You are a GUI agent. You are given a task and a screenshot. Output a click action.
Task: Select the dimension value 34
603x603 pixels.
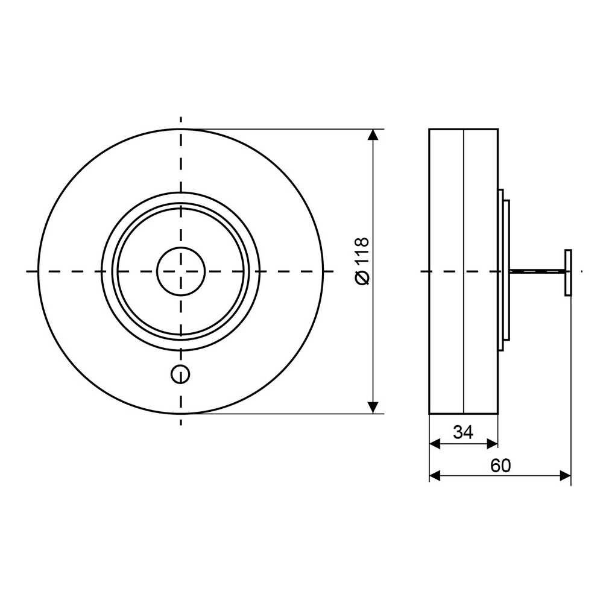click(x=463, y=432)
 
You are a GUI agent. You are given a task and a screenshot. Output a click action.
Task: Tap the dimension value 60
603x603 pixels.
click(x=500, y=466)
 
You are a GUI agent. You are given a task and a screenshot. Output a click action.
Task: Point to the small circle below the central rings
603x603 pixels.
click(x=180, y=374)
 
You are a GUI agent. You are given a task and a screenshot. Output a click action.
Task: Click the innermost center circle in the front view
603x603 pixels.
click(x=181, y=271)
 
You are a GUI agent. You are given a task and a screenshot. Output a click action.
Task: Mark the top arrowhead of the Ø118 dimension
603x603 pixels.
click(x=373, y=134)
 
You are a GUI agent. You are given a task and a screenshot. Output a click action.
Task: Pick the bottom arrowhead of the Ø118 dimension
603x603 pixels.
click(x=373, y=408)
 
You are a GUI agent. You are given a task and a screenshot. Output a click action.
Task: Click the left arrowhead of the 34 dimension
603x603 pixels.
click(x=435, y=444)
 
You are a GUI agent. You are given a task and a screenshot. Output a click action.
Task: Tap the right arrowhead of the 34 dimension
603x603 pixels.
click(x=493, y=444)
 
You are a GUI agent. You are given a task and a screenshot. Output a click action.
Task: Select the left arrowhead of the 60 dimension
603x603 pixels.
click(x=435, y=476)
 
